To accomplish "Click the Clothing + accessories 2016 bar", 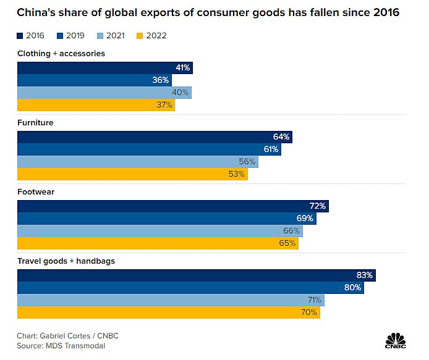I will (x=104, y=67).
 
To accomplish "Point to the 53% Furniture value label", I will (x=237, y=174).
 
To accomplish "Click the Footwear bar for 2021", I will (x=159, y=230).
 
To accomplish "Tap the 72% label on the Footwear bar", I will (x=318, y=206).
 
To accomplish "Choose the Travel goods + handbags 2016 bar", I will (x=196, y=275).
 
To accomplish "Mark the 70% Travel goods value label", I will (x=309, y=312).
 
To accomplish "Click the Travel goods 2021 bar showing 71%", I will (x=170, y=300).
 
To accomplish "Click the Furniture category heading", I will (x=35, y=123).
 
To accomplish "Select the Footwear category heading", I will (x=36, y=192).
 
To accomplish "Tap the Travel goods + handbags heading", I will (x=66, y=261).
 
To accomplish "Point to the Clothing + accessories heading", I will (x=61, y=54).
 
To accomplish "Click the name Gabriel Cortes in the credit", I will (x=67, y=336).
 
